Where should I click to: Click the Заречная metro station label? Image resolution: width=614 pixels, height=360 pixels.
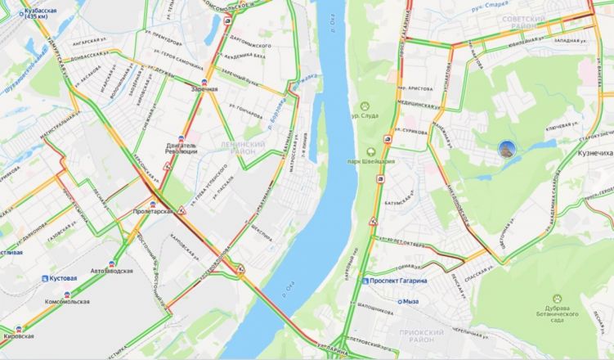pyautogui.click(x=204, y=88)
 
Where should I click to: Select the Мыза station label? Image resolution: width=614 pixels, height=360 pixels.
pyautogui.click(x=410, y=301)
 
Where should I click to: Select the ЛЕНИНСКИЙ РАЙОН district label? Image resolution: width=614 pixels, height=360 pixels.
pyautogui.click(x=243, y=147)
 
